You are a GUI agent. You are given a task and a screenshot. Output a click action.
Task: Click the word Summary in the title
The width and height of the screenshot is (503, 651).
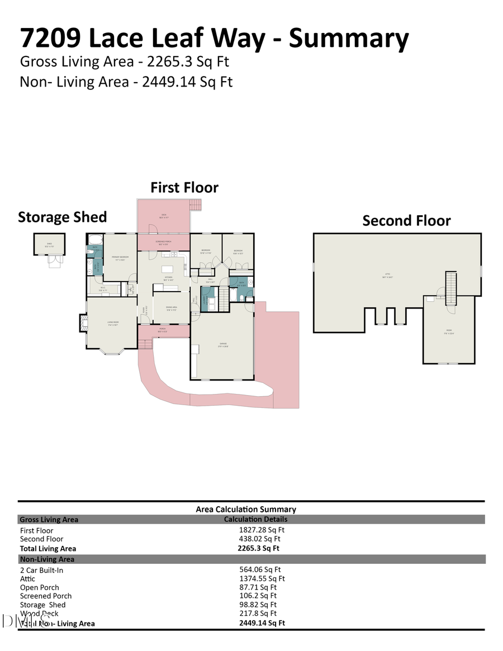pyautogui.click(x=349, y=38)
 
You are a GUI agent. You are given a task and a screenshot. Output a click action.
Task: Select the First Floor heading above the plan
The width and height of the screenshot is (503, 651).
pyautogui.click(x=184, y=188)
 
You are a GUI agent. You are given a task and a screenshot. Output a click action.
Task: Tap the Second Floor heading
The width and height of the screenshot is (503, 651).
pyautogui.click(x=406, y=221)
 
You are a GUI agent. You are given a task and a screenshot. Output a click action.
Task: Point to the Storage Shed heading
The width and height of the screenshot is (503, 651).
pyautogui.click(x=62, y=217)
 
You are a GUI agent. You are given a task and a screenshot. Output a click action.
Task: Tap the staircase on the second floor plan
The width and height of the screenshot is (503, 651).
pyautogui.click(x=450, y=287)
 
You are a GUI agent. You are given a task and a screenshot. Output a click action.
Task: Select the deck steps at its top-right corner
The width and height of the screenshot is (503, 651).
pyautogui.click(x=195, y=205)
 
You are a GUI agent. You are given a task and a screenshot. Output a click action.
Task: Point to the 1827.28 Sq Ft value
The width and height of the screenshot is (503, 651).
pyautogui.click(x=262, y=530)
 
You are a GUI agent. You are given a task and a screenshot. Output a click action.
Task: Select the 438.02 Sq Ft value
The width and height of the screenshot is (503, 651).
pyautogui.click(x=259, y=539)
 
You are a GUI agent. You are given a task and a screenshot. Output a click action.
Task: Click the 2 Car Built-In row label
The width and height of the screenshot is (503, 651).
pyautogui.click(x=41, y=570)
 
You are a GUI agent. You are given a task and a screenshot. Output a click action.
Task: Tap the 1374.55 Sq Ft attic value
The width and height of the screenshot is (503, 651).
pyautogui.click(x=262, y=578)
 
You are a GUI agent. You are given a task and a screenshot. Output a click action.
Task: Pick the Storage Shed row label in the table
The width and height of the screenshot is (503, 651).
pyautogui.click(x=42, y=605)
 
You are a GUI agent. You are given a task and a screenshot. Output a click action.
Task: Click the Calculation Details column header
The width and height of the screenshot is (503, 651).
pyautogui.click(x=255, y=519)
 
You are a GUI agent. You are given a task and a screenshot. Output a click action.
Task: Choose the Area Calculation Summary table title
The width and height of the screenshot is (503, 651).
pyautogui.click(x=246, y=509)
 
